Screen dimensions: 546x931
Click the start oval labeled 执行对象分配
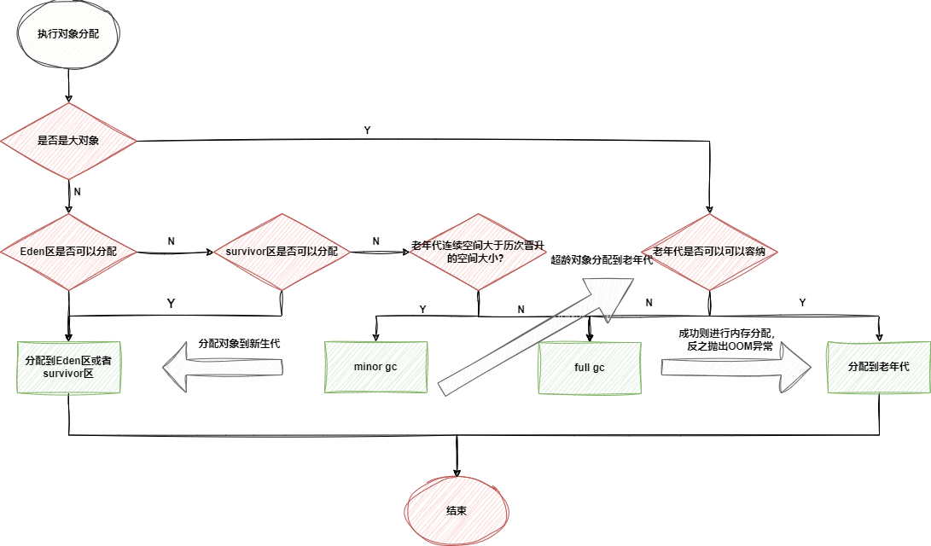click(68, 34)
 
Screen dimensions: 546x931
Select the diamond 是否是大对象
click(68, 141)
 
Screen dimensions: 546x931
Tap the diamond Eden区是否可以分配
click(68, 252)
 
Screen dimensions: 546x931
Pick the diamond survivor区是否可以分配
click(282, 252)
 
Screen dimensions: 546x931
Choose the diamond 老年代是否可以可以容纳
click(708, 252)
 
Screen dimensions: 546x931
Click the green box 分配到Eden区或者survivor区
click(68, 368)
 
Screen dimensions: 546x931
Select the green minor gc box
click(375, 368)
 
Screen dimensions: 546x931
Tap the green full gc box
click(589, 368)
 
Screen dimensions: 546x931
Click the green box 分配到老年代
click(878, 367)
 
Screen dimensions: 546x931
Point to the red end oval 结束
click(457, 510)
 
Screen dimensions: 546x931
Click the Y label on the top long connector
click(367, 131)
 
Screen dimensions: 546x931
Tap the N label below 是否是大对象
click(78, 192)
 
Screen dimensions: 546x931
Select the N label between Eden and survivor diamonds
click(171, 241)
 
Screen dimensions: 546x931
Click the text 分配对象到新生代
click(239, 343)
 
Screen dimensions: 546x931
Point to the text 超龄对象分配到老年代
click(602, 259)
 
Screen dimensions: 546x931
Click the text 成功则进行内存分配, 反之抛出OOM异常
click(725, 340)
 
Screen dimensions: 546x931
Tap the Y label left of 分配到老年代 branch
click(801, 303)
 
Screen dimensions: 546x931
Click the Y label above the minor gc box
click(422, 307)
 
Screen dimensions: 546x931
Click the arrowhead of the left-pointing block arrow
click(174, 368)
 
